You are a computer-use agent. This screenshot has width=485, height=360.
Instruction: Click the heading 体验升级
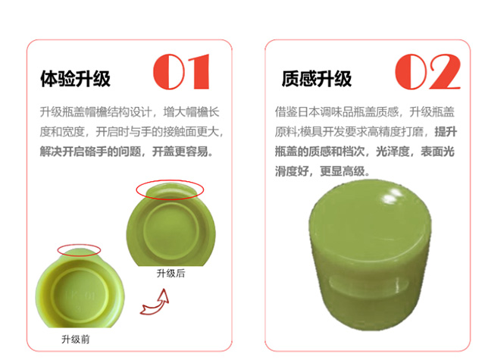coord(75,79)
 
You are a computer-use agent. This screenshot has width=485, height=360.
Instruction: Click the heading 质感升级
coord(317,79)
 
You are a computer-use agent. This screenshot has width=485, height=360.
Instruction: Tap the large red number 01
coord(182,72)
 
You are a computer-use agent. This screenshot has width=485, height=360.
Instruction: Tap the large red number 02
coord(427,72)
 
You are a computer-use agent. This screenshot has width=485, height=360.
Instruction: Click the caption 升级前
coord(76,340)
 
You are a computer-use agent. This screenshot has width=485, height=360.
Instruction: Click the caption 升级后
coord(171,273)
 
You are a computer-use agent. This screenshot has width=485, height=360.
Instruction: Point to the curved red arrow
coord(155,302)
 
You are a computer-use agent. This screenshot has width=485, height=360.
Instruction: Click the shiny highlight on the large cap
coord(393,195)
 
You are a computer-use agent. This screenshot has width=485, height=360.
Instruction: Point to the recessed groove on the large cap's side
coord(368,284)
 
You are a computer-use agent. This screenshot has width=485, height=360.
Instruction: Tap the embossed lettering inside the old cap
coord(80,296)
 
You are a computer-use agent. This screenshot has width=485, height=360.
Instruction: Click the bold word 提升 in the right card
coord(446,132)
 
